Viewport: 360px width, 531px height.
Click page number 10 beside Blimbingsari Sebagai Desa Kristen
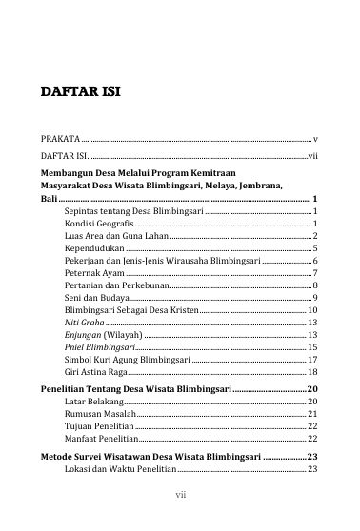click(x=311, y=311)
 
